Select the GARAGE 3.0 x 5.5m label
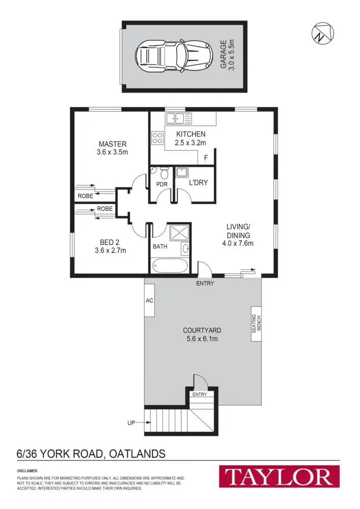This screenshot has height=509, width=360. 227,55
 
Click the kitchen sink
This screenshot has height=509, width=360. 178,119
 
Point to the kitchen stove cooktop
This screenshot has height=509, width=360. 157,137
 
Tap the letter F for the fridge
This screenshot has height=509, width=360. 206,158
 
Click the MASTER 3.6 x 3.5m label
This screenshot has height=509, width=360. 113,148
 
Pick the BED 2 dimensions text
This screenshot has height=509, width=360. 110,250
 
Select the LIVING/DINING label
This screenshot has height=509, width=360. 238,235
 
